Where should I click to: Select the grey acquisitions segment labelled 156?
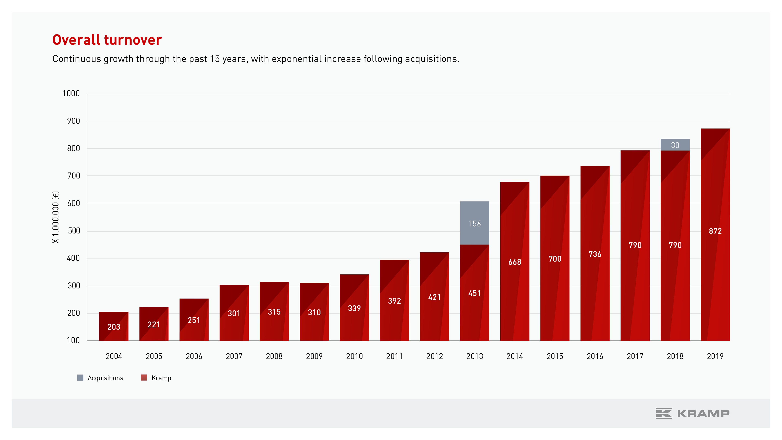point(474,223)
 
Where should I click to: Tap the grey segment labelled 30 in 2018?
point(675,145)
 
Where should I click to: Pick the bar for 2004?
point(114,326)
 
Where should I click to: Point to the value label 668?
point(515,262)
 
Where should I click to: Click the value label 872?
point(715,231)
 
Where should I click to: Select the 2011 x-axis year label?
point(394,356)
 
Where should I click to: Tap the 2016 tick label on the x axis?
point(595,356)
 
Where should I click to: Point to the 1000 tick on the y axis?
point(71,93)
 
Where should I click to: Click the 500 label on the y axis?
point(74,231)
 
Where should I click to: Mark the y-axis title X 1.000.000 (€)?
point(56,217)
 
